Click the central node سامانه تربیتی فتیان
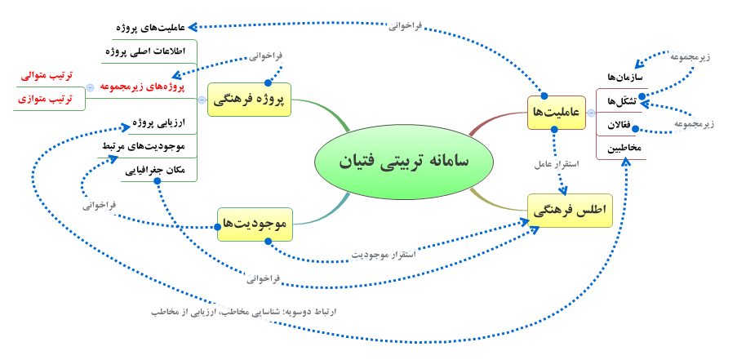404,161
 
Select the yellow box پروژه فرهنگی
250,100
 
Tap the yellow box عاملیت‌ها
557,113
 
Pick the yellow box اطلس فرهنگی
571,211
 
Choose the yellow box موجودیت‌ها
255,224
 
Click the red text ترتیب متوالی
47,76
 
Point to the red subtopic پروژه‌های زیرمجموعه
143,87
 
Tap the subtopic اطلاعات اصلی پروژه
144,51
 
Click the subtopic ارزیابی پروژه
159,122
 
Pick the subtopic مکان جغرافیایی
155,171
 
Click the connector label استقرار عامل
557,165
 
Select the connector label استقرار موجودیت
384,254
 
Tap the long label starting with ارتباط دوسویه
244,312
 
